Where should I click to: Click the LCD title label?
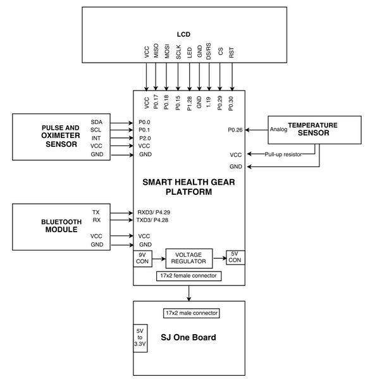pyautogui.click(x=183, y=34)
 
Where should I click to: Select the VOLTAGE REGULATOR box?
pyautogui.click(x=189, y=258)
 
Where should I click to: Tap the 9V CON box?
pyautogui.click(x=142, y=258)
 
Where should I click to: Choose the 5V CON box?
pyautogui.click(x=235, y=257)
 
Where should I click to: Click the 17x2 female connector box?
pyautogui.click(x=188, y=276)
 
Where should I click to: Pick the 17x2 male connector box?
pyautogui.click(x=192, y=313)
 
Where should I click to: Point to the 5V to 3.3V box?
pyautogui.click(x=140, y=338)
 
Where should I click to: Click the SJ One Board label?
pyautogui.click(x=188, y=337)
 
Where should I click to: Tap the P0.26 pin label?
pyautogui.click(x=235, y=130)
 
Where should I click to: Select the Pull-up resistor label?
pyautogui.click(x=283, y=154)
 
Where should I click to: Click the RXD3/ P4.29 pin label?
pyautogui.click(x=154, y=212)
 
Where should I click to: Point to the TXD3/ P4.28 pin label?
pyautogui.click(x=152, y=220)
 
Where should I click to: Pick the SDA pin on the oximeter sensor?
pyautogui.click(x=96, y=122)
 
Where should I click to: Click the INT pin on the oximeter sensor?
pyautogui.click(x=96, y=138)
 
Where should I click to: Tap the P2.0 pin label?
pyautogui.click(x=145, y=138)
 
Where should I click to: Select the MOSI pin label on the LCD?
pyautogui.click(x=167, y=51)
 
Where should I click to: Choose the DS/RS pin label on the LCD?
pyautogui.click(x=208, y=51)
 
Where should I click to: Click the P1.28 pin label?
pyautogui.click(x=189, y=104)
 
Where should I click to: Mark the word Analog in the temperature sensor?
pyautogui.click(x=278, y=129)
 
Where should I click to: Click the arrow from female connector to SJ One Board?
pyautogui.click(x=188, y=293)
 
